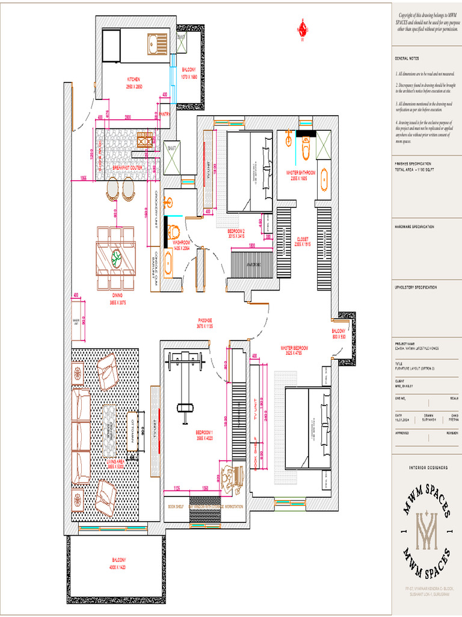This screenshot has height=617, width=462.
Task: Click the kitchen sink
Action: pyautogui.click(x=159, y=44)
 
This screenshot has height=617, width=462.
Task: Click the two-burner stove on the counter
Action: pyautogui.click(x=145, y=140)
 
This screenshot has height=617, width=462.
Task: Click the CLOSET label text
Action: pyautogui.click(x=302, y=239)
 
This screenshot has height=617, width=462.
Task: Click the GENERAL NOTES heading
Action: pyautogui.click(x=407, y=58)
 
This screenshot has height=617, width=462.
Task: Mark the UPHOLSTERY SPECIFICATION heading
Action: pyautogui.click(x=415, y=287)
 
